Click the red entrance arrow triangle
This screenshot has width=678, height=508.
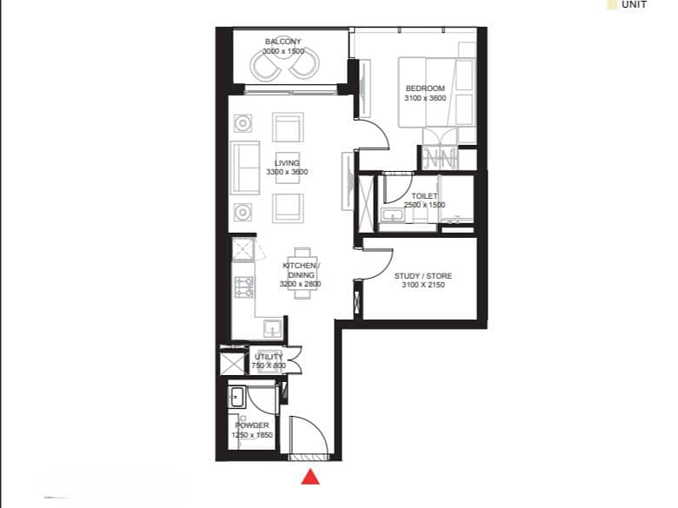coord(310,477)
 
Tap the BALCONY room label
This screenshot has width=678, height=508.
coord(282,42)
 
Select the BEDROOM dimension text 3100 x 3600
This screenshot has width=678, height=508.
coord(425,98)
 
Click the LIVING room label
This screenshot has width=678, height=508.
coord(287,163)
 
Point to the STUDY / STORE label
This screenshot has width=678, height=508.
coord(423,275)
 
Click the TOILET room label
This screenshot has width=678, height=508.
coord(424,196)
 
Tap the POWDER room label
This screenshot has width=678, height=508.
coord(252,426)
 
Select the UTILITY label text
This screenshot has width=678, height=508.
coord(269,357)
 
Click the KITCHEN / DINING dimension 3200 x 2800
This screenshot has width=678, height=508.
coord(300,284)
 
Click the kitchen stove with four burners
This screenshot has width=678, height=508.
coord(244,287)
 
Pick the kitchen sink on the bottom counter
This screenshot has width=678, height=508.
coord(272,329)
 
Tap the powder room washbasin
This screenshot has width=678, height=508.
coord(236,397)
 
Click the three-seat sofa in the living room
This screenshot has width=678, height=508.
coord(245,168)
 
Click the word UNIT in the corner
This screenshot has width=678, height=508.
coord(634,4)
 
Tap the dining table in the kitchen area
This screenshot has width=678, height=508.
coord(302,273)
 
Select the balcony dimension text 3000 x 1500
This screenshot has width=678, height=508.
coord(283,51)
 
